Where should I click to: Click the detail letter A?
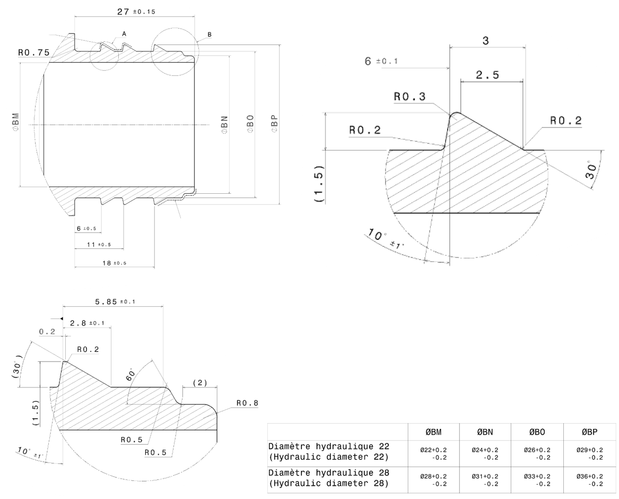(x=124, y=33)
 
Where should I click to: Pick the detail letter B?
(x=210, y=35)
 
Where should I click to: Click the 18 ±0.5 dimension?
(x=114, y=263)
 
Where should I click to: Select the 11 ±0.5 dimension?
(x=98, y=245)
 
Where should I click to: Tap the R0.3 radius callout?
(x=409, y=97)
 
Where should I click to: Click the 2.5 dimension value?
(x=487, y=75)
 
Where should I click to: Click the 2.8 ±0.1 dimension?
(x=86, y=323)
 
